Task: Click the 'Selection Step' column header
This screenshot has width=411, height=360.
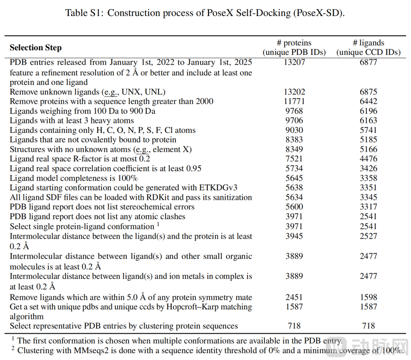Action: (x=36, y=48)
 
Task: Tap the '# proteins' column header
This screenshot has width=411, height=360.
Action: (x=294, y=43)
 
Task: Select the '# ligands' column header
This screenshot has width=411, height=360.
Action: (x=368, y=43)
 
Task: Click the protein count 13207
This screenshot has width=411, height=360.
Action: (x=294, y=63)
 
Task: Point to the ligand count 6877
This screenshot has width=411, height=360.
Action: (x=368, y=63)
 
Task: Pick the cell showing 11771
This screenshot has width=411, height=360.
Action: (x=294, y=101)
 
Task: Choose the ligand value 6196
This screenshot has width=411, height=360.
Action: (x=368, y=111)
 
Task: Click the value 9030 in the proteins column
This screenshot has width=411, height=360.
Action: (x=294, y=130)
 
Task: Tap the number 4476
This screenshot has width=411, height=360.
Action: (x=368, y=159)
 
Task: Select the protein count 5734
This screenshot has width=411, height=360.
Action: (x=294, y=168)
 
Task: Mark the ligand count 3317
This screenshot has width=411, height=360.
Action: (x=368, y=207)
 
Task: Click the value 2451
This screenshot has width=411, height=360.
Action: (x=294, y=297)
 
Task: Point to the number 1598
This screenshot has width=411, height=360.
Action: (x=368, y=297)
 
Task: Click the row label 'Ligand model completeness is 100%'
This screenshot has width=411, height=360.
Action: (x=74, y=178)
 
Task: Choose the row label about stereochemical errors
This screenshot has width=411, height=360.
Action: (x=102, y=207)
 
